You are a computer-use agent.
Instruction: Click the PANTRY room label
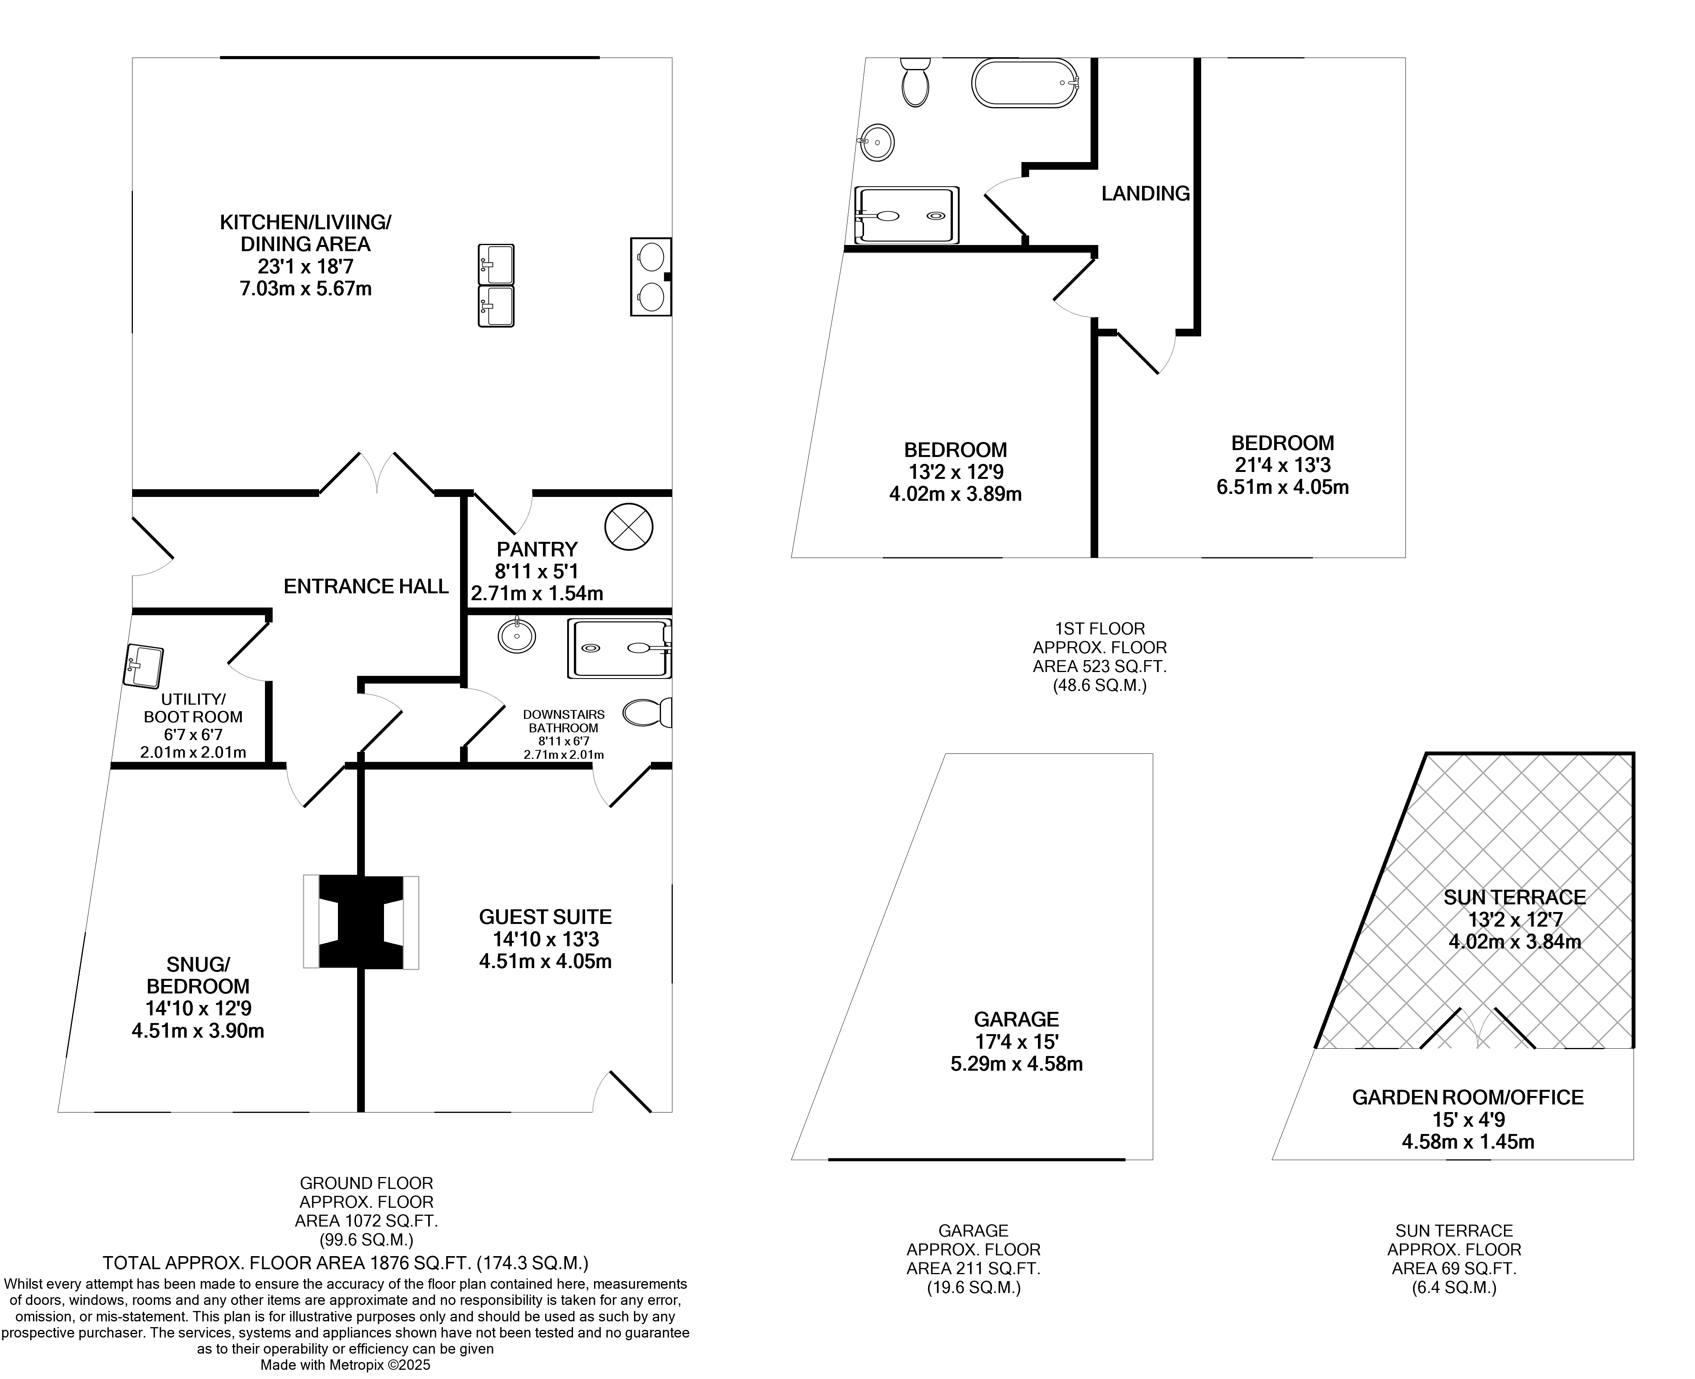click(537, 549)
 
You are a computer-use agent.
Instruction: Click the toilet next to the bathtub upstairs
click(916, 83)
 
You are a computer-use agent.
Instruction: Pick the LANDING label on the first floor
click(1145, 193)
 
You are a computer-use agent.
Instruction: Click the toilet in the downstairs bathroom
click(647, 712)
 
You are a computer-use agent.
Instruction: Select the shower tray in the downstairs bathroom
click(619, 648)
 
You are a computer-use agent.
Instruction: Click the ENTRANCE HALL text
click(366, 586)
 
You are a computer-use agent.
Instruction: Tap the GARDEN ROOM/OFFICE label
click(1467, 1097)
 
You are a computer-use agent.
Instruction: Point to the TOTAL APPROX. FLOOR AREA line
click(346, 1262)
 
